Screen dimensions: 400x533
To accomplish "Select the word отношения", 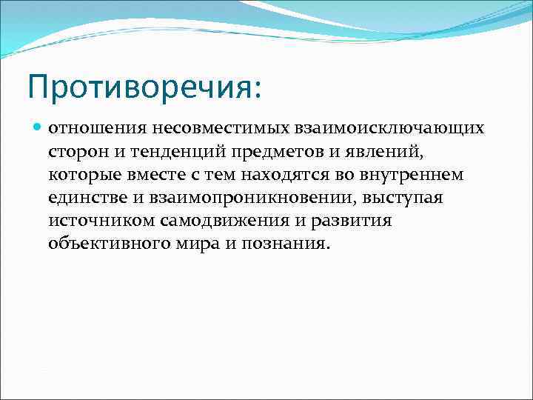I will pos(87,129).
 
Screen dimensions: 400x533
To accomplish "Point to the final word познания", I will pos(289,244).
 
